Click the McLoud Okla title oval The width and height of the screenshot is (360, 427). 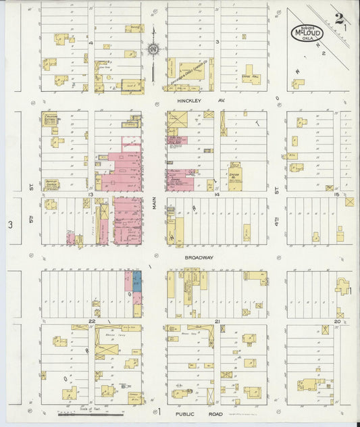coord(307,32)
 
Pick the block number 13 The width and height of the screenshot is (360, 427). coord(89,194)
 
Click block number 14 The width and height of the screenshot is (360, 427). coord(217,194)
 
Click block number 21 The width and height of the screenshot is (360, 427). coord(217,321)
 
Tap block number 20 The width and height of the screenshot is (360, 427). coord(337,321)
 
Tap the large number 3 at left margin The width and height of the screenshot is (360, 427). coord(10,224)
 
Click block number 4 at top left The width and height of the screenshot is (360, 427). coord(90,43)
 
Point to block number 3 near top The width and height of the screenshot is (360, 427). coord(217,42)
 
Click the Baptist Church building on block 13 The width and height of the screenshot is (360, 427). coord(51,183)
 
